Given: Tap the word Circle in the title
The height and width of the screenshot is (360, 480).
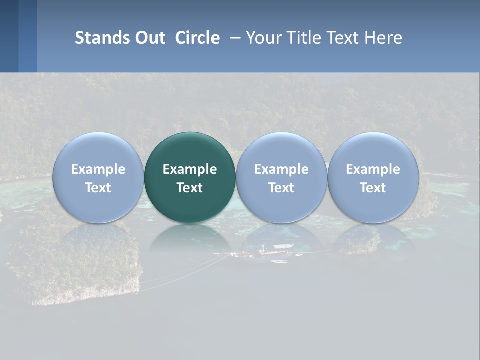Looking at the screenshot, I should (x=197, y=38).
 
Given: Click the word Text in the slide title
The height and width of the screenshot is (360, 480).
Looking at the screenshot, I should (x=344, y=38).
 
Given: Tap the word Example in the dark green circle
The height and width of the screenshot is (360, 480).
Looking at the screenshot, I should (x=190, y=169).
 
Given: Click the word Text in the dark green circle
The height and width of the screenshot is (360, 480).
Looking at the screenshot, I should (x=190, y=188).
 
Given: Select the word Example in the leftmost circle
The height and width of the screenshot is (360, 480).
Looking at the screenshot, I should (x=98, y=169).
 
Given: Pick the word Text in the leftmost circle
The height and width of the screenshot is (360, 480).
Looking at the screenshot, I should (x=98, y=188).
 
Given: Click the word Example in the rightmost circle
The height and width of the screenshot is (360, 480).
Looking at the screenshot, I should (x=373, y=169).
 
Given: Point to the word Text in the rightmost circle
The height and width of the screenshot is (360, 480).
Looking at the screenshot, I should (x=373, y=188).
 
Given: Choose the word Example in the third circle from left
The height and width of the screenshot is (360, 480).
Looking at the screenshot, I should (x=281, y=169).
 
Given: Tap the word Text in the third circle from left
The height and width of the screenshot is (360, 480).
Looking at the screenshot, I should (x=281, y=188).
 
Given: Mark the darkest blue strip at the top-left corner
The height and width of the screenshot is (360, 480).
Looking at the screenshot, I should (x=9, y=36).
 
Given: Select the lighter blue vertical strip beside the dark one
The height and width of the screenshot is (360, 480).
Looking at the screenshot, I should (x=28, y=36).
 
